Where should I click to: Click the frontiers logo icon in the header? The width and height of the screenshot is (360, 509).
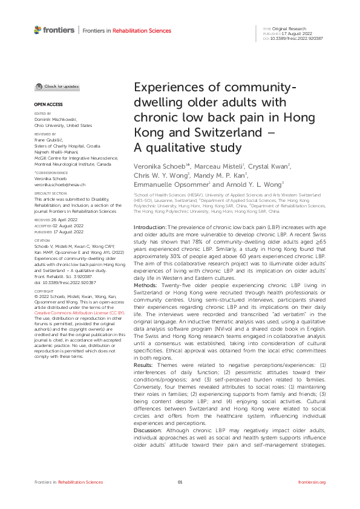tap(38, 30)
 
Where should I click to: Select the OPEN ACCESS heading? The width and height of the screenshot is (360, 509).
tap(44, 105)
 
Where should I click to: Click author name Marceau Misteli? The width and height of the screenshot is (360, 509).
tap(214, 165)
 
